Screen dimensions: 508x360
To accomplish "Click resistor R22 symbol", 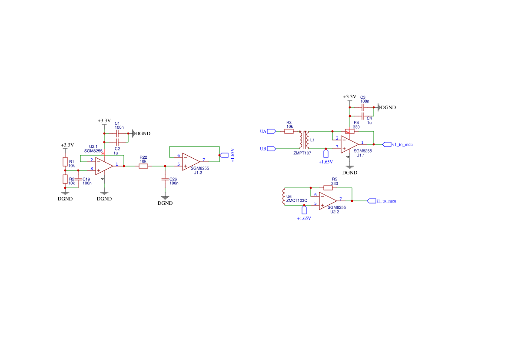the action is (x=143, y=166).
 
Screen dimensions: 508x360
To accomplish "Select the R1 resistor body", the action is (x=65, y=162).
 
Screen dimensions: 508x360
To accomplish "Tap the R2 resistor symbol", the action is (x=65, y=179).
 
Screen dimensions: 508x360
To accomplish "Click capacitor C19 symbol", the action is (x=78, y=179).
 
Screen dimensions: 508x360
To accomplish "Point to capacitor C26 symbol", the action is (x=165, y=179).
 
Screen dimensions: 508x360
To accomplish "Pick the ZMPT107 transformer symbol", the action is (x=304, y=140).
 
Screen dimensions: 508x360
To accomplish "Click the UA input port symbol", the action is (x=271, y=131).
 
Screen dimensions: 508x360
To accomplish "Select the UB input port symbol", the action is (x=271, y=149).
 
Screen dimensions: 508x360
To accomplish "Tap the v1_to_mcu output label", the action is (x=402, y=144).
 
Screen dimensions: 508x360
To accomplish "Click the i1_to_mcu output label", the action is (x=386, y=201).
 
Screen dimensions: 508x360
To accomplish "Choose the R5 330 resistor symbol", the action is (x=328, y=188).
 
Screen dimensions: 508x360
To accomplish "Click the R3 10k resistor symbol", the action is (x=289, y=131).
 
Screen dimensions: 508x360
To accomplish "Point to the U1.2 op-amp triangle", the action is (x=191, y=162).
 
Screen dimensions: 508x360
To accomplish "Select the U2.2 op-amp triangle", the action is (x=328, y=201).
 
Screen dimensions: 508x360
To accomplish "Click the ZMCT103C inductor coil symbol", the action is (x=284, y=197).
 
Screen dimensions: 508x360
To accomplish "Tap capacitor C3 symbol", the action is (x=363, y=107).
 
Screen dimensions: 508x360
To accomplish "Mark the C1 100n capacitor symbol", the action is (x=117, y=133).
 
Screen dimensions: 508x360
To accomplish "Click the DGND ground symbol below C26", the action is (x=165, y=197).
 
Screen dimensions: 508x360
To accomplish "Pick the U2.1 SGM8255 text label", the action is (x=93, y=149).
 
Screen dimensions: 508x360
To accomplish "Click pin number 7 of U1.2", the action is (x=204, y=160).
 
